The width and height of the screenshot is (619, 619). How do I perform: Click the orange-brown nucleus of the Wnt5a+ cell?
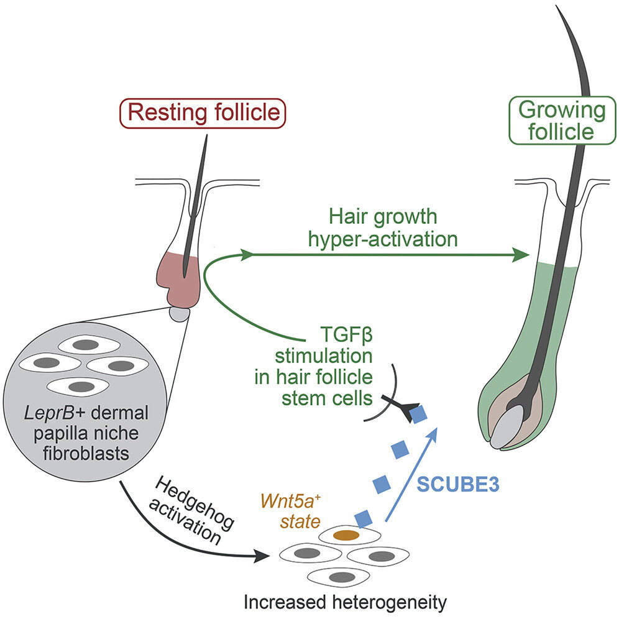(346, 534)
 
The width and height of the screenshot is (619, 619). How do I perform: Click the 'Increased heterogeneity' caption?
(345, 602)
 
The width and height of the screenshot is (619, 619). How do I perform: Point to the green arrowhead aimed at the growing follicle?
(520, 255)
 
